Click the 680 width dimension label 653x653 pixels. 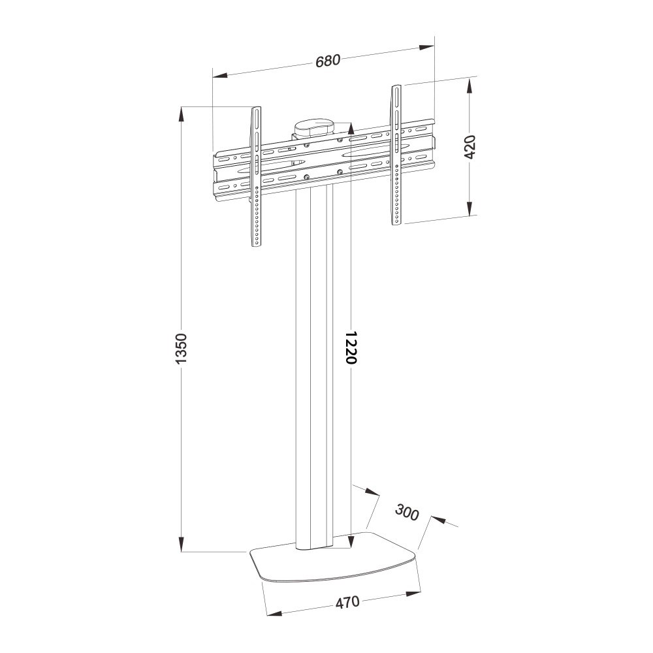pyautogui.click(x=328, y=61)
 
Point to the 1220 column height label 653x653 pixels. pyautogui.click(x=351, y=346)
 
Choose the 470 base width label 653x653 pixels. pyautogui.click(x=347, y=602)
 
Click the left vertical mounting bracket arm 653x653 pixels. pyautogui.click(x=257, y=176)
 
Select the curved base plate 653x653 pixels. pyautogui.click(x=333, y=564)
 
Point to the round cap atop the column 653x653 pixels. pyautogui.click(x=313, y=126)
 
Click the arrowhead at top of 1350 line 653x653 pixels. pyautogui.click(x=182, y=115)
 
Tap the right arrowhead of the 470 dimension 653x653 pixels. pyautogui.click(x=413, y=594)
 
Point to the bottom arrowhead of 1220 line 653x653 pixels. pyautogui.click(x=351, y=539)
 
